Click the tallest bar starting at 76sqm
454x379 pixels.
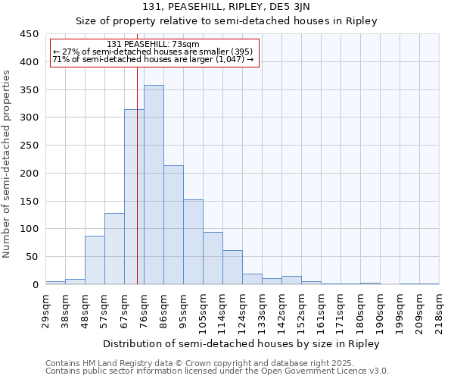click(x=154, y=185)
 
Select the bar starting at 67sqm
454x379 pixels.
click(x=134, y=197)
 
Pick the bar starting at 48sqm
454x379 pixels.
click(x=95, y=260)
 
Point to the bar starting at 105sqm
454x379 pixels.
click(x=213, y=258)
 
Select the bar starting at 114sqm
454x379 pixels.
click(x=232, y=268)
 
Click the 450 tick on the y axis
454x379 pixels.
click(x=30, y=34)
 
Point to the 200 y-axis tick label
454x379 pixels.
click(x=30, y=174)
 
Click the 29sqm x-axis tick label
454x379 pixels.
click(x=45, y=310)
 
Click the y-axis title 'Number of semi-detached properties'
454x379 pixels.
click(x=7, y=163)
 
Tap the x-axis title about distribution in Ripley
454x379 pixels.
click(x=241, y=343)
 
